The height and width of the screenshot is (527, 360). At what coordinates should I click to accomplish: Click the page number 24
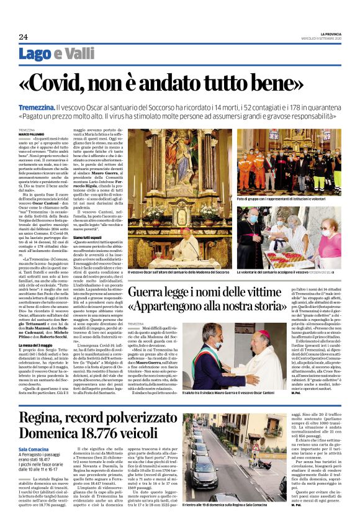pyautogui.click(x=24, y=36)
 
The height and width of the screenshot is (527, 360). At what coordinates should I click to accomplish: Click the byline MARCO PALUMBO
pyautogui.click(x=32, y=134)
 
